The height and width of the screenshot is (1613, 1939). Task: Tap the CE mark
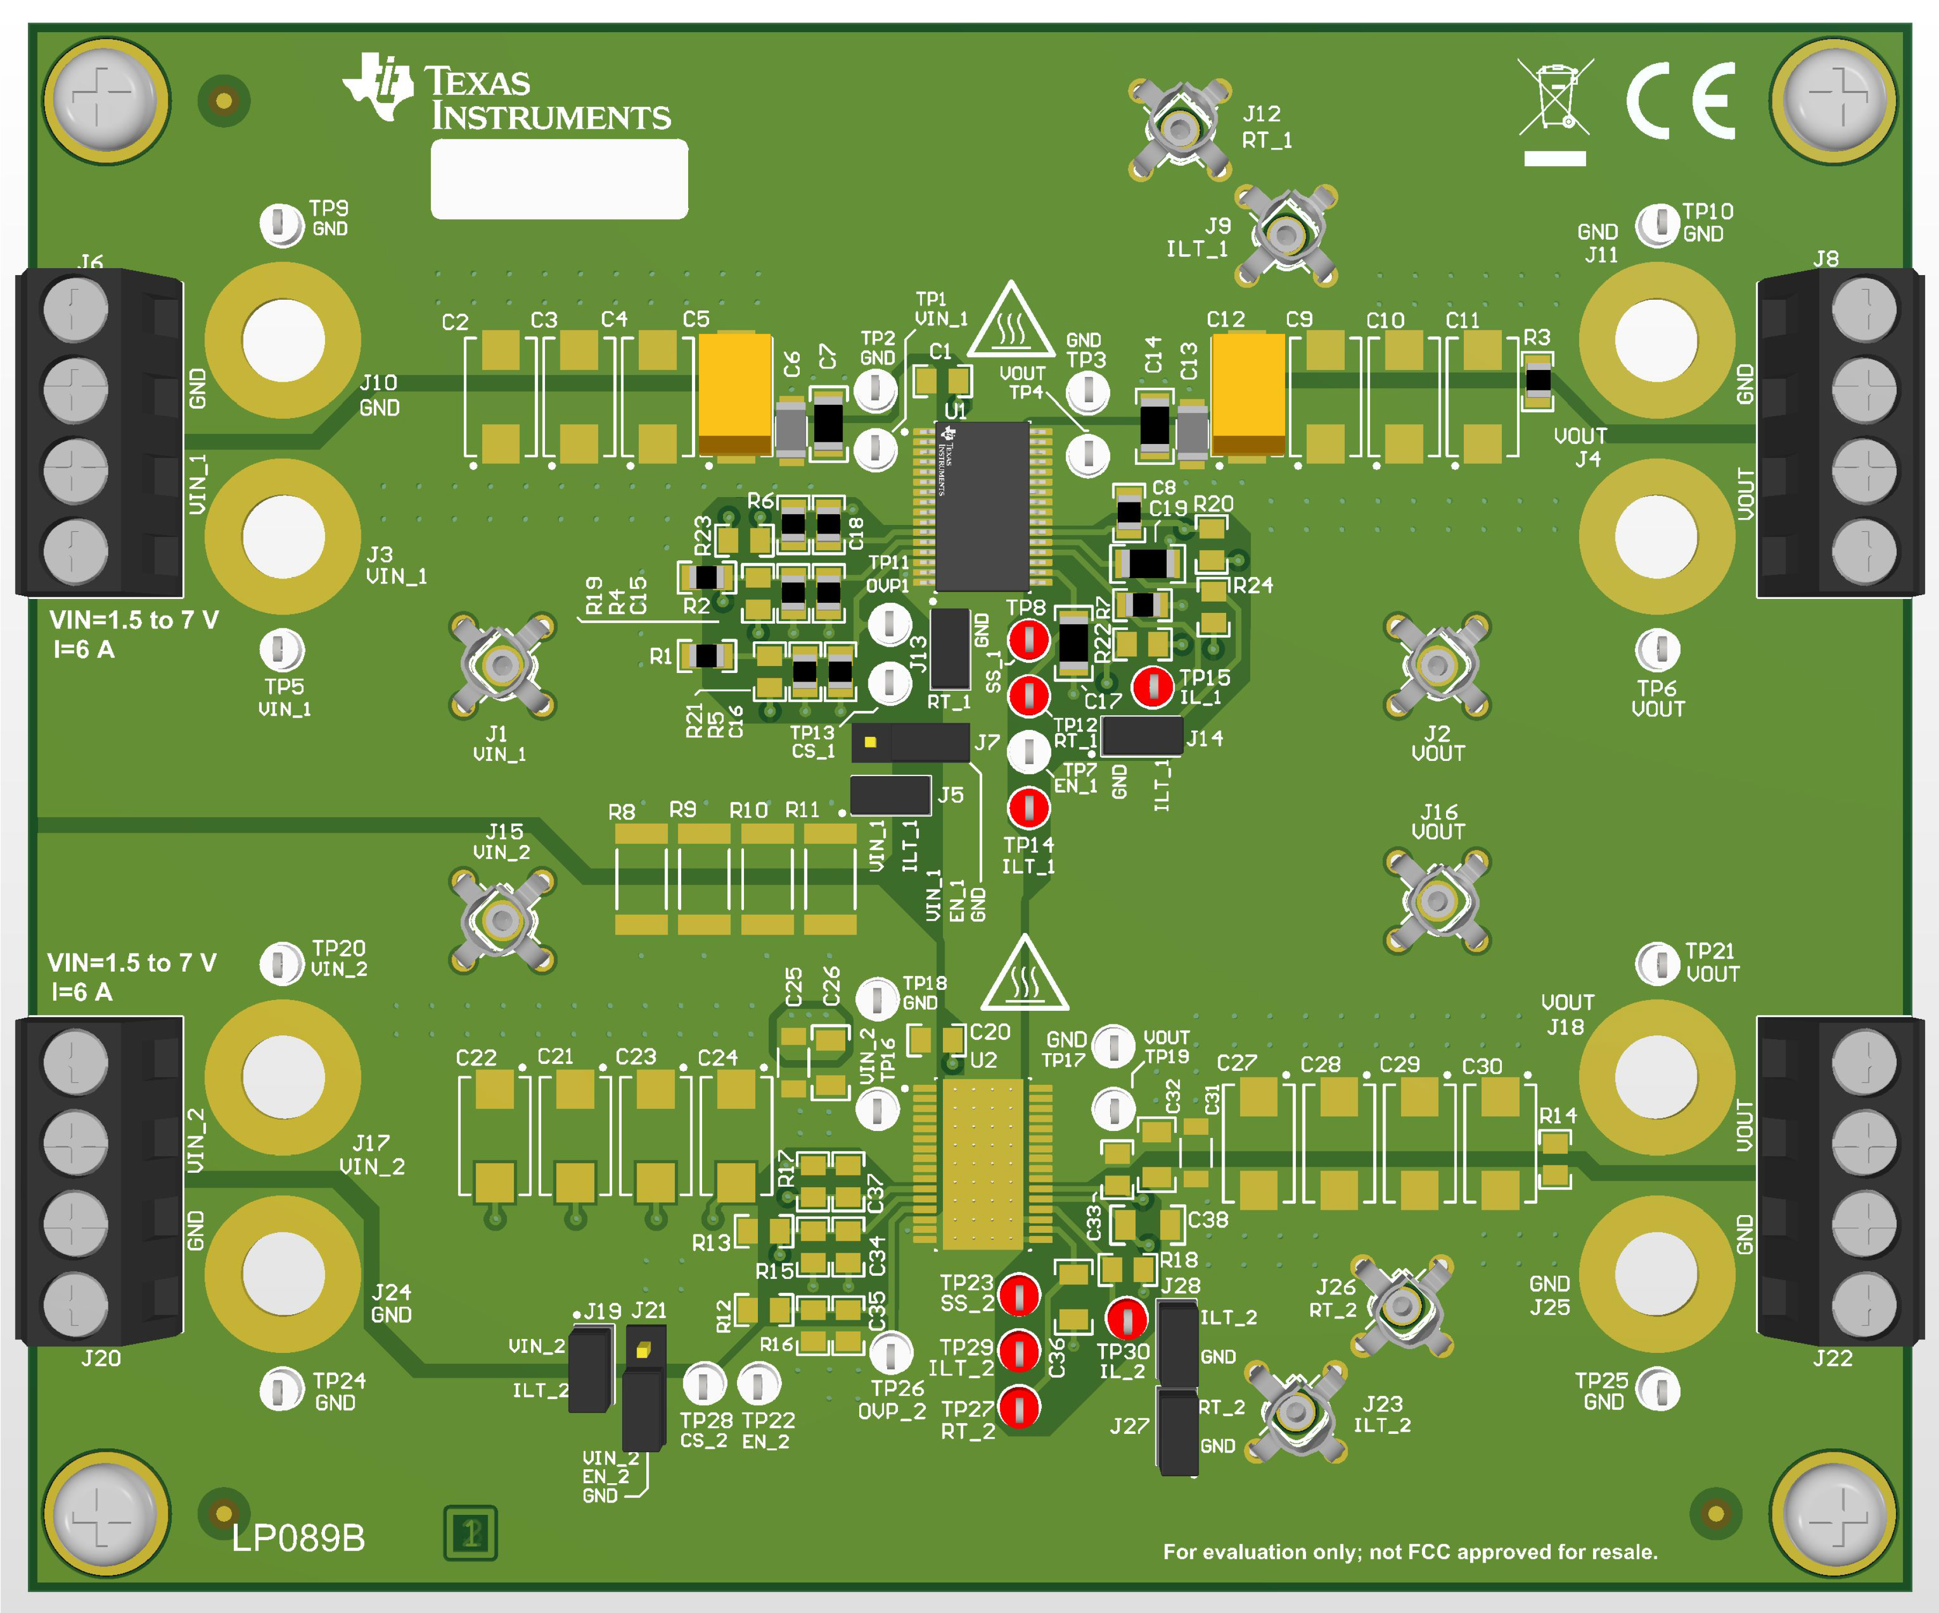pyautogui.click(x=1680, y=101)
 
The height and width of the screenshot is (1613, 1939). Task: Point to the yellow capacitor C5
pyautogui.click(x=735, y=395)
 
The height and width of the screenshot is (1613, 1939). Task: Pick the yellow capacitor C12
pyautogui.click(x=1248, y=395)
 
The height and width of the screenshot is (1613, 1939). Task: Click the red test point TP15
pyautogui.click(x=1152, y=686)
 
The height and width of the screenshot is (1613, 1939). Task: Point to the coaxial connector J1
pyautogui.click(x=502, y=665)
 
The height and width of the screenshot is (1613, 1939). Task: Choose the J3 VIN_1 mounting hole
pyautogui.click(x=283, y=536)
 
